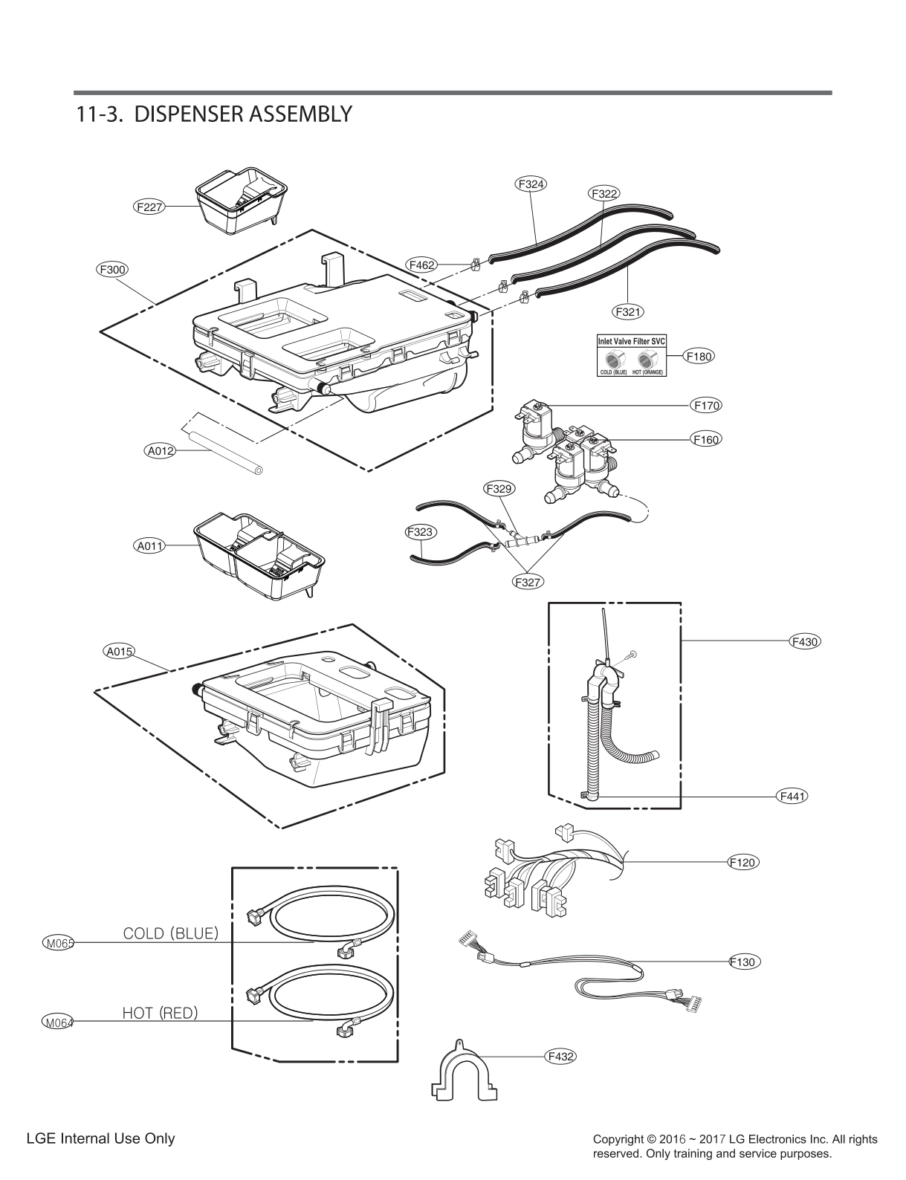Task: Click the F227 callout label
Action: point(149,207)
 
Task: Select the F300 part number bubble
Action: point(112,270)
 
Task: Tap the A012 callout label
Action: point(160,450)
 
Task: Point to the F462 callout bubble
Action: point(421,264)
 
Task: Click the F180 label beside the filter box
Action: point(699,356)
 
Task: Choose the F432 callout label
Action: point(561,1055)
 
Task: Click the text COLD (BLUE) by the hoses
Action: point(170,933)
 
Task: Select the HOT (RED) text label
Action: point(160,1012)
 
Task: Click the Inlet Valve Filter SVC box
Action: point(632,355)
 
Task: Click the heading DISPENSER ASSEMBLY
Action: point(213,114)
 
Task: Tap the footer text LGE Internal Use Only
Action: point(100,1138)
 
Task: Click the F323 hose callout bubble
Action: point(421,532)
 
